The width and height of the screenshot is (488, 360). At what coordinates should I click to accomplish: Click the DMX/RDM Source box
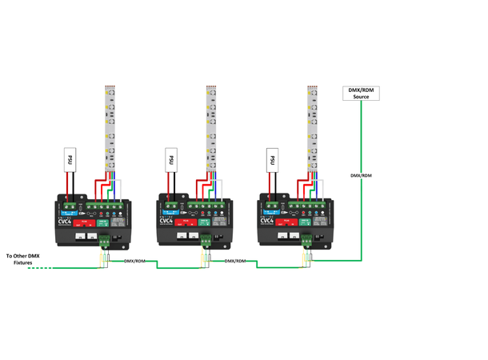[360, 94]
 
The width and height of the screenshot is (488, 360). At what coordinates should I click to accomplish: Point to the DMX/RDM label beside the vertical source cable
[362, 174]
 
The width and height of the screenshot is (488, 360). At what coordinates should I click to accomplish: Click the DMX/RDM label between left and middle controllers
[134, 261]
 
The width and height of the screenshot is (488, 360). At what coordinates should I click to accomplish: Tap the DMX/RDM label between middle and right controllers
[235, 261]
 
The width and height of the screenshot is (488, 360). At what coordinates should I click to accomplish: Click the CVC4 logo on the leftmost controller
[65, 219]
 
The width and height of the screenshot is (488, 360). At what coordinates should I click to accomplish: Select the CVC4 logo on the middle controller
[166, 219]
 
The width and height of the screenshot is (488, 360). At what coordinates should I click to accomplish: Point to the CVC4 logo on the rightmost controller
[266, 219]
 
